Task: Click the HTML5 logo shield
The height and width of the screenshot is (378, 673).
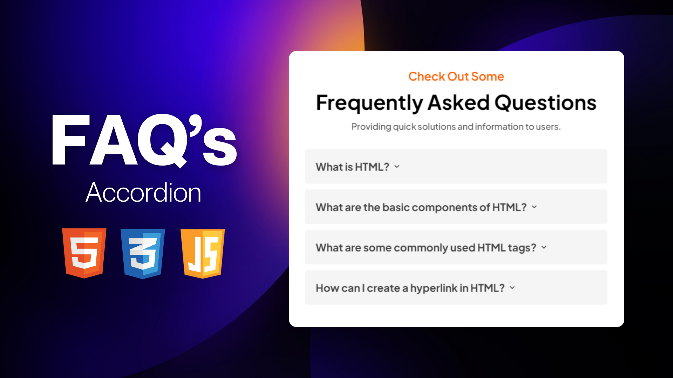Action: (x=84, y=253)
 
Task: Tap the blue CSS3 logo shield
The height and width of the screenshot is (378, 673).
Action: (x=143, y=254)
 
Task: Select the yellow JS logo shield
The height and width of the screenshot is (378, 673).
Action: (x=203, y=254)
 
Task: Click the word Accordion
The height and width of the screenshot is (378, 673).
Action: (x=143, y=192)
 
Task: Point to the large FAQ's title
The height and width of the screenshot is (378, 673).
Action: (x=144, y=140)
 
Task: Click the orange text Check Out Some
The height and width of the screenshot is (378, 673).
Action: (x=456, y=76)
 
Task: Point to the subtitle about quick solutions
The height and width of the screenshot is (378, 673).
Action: (x=456, y=127)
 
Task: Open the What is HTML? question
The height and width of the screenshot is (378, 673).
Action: (x=456, y=167)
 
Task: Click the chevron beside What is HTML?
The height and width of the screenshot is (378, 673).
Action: (x=397, y=167)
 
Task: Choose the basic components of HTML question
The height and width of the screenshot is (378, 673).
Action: (x=456, y=207)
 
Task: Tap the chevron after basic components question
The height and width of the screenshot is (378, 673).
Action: (x=534, y=207)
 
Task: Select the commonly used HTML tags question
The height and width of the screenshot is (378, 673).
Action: (x=456, y=247)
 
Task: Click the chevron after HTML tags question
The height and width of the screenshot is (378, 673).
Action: (x=544, y=247)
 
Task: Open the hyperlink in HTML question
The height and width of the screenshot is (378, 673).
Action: (x=456, y=287)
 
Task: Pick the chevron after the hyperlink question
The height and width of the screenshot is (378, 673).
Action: (x=512, y=287)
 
